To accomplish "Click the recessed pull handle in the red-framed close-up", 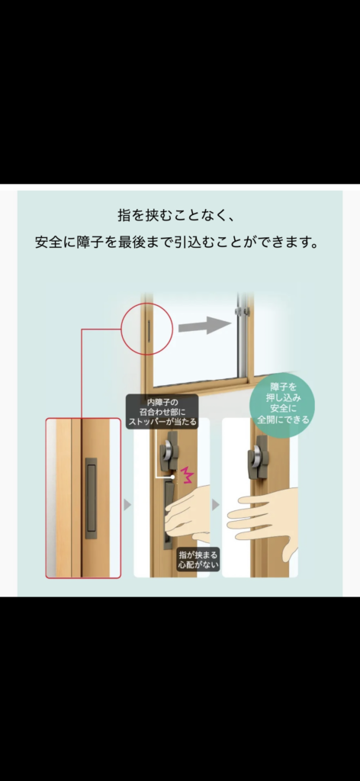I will click(x=92, y=493).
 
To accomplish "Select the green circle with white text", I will click(x=282, y=410).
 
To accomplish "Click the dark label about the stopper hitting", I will click(x=162, y=411).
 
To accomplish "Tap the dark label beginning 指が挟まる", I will click(x=198, y=560).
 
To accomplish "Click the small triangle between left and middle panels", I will click(x=127, y=505).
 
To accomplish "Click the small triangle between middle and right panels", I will click(x=216, y=505).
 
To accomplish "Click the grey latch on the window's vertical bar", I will click(x=239, y=313).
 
